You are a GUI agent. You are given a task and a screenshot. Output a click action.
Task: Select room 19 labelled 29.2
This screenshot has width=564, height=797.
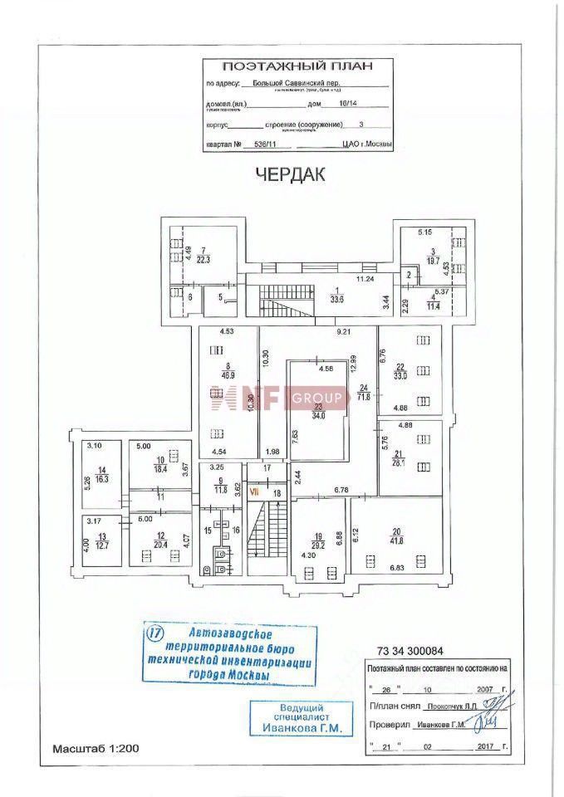[319, 539]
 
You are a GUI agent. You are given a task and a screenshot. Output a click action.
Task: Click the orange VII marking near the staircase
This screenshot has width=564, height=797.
[256, 492]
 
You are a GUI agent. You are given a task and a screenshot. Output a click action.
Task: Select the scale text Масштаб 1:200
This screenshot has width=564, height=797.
[96, 749]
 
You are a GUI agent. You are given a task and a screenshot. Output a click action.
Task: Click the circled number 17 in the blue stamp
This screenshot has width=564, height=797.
[154, 633]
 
